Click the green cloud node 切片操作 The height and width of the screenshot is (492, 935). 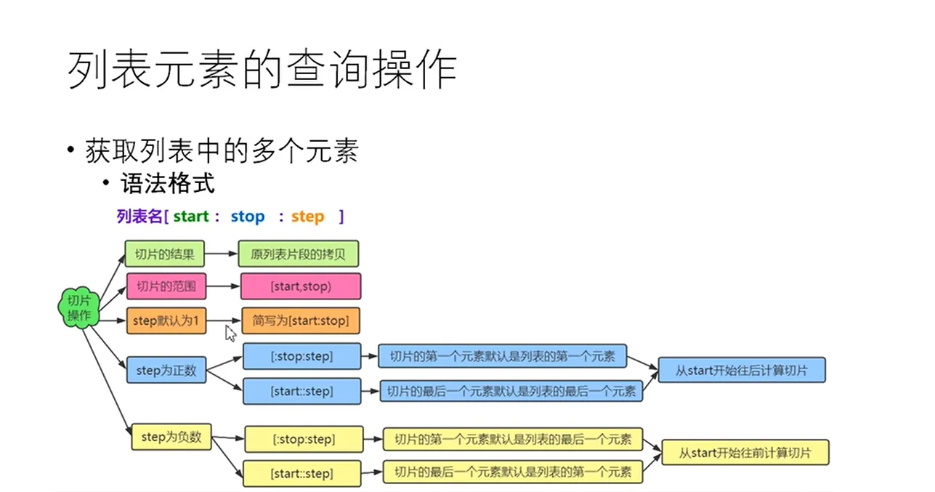pyautogui.click(x=79, y=307)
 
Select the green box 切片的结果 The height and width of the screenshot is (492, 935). pyautogui.click(x=164, y=254)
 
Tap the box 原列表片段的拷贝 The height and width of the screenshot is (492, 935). pyautogui.click(x=298, y=254)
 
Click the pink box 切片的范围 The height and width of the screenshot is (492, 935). pyautogui.click(x=166, y=286)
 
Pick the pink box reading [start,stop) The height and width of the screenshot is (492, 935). pyautogui.click(x=301, y=286)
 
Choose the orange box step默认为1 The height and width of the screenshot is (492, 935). pyautogui.click(x=166, y=320)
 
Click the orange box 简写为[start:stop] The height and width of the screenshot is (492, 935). pyautogui.click(x=301, y=320)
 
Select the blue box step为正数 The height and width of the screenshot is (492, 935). pyautogui.click(x=166, y=370)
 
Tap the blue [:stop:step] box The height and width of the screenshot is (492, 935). pyautogui.click(x=301, y=356)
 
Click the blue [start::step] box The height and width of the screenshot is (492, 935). pyautogui.click(x=301, y=391)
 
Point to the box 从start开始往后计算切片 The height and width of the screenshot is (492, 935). pyautogui.click(x=742, y=370)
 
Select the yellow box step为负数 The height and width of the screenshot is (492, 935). pyautogui.click(x=171, y=437)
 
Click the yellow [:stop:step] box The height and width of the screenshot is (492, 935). pyautogui.click(x=304, y=440)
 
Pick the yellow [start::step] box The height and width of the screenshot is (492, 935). pyautogui.click(x=301, y=474)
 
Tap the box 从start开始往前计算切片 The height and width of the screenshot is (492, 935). pyautogui.click(x=745, y=452)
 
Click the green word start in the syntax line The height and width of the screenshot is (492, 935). pyautogui.click(x=191, y=217)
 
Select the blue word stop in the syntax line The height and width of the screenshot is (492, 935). pyautogui.click(x=248, y=217)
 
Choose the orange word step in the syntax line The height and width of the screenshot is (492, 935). pyautogui.click(x=307, y=217)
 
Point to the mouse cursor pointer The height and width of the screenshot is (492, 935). pyautogui.click(x=230, y=334)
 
